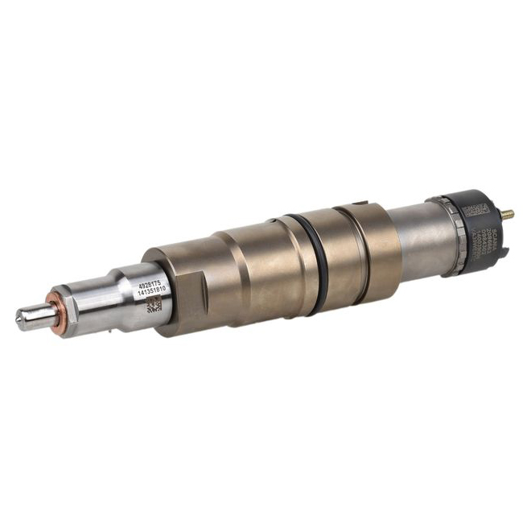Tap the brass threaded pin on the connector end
point(508,215)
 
